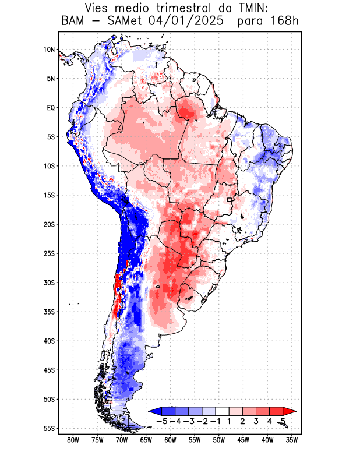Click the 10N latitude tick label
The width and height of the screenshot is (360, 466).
(48, 50)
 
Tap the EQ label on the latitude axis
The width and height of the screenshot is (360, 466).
(50, 108)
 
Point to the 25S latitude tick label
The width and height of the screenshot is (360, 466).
(48, 253)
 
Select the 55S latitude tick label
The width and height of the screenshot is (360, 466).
(48, 428)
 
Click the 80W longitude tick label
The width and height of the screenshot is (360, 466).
(73, 440)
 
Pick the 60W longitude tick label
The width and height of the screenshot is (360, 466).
(170, 440)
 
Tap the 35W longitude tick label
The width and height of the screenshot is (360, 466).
(292, 440)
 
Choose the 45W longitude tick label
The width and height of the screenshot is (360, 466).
(243, 440)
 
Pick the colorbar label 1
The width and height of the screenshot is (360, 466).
(229, 421)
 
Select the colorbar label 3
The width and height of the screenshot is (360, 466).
(256, 421)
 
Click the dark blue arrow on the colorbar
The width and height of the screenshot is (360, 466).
(155, 411)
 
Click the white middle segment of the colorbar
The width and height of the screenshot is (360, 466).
(222, 411)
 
